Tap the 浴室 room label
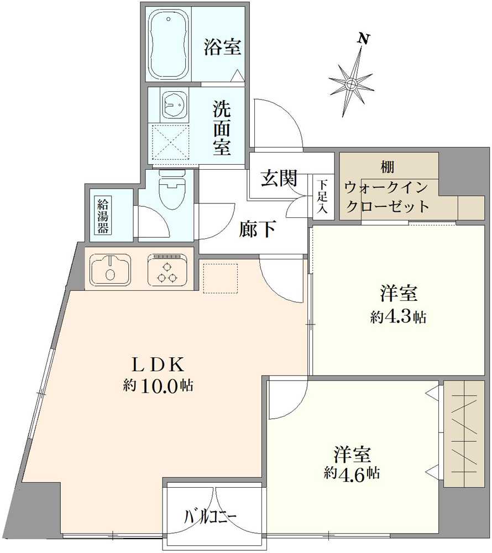[222, 48]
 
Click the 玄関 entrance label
[279, 179]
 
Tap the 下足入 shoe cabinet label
[322, 196]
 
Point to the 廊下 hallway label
[258, 229]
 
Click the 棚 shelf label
[387, 166]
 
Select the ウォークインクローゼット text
[387, 197]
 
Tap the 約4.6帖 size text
[352, 473]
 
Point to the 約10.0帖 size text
[158, 387]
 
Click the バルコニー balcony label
[211, 517]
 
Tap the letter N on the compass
[363, 39]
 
